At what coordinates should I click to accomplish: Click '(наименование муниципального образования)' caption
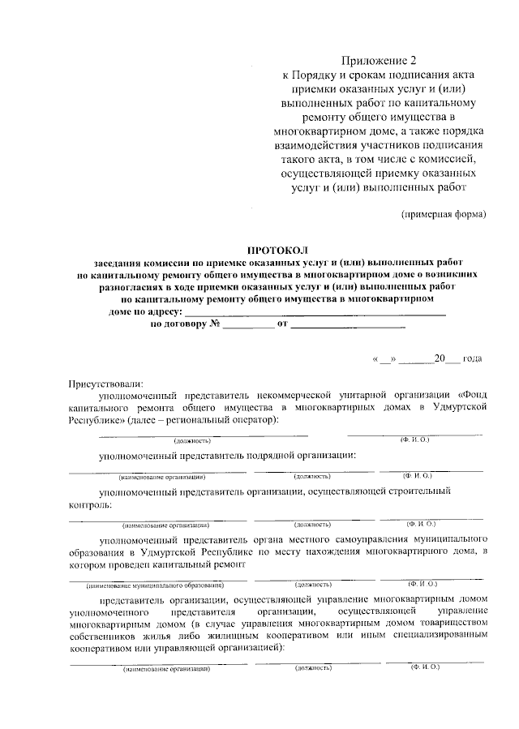click(x=156, y=584)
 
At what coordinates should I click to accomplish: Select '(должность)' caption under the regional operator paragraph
click(x=192, y=440)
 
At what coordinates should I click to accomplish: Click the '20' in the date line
click(x=440, y=358)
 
